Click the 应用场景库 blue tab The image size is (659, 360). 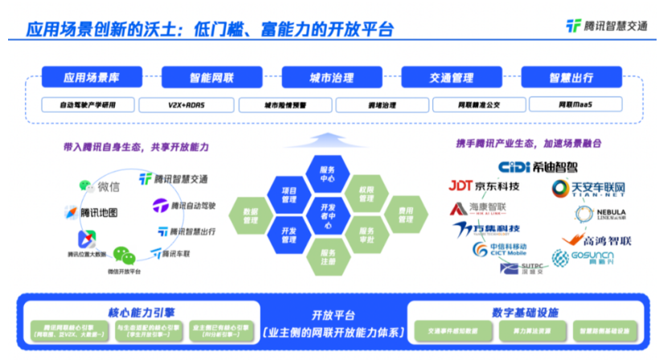(x=92, y=78)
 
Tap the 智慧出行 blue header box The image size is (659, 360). (x=571, y=78)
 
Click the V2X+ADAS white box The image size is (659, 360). (x=186, y=104)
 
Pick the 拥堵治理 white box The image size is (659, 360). (x=382, y=104)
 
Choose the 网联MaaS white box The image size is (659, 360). (x=571, y=104)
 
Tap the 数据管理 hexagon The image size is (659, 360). (x=251, y=215)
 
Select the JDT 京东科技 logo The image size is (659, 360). (x=484, y=186)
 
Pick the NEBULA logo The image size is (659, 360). (x=601, y=214)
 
